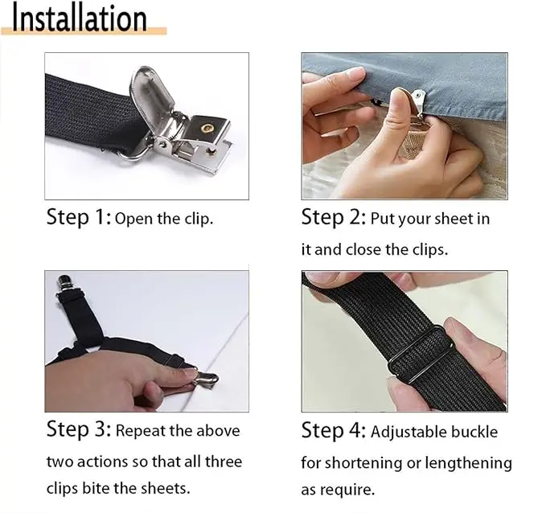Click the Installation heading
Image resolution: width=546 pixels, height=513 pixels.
click(80, 18)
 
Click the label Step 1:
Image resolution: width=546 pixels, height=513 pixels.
click(79, 217)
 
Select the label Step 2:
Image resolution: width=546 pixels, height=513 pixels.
click(333, 217)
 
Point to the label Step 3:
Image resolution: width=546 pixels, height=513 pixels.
click(79, 429)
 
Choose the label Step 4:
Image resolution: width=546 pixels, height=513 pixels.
click(333, 431)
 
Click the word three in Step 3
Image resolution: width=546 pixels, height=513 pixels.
click(224, 462)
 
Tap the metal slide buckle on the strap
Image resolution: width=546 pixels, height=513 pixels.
click(420, 354)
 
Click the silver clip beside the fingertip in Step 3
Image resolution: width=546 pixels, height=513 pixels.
click(206, 380)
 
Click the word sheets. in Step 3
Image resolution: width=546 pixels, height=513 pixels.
click(165, 488)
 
